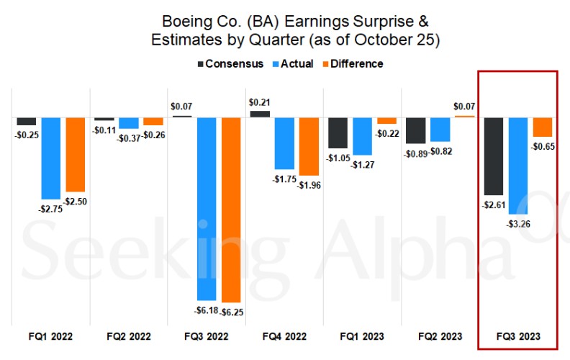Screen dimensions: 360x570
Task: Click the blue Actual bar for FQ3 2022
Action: coord(207,208)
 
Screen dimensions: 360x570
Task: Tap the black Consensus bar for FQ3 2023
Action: coord(494,156)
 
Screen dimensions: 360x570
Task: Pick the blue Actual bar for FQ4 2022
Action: coord(284,143)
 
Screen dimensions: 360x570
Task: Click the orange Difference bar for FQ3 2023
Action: coord(542,127)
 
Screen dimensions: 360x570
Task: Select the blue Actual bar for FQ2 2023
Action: coord(440,129)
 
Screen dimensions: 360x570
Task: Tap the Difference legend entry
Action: coord(350,63)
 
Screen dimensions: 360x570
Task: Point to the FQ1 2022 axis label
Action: coord(51,336)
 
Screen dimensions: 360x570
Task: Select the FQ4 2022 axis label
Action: coord(284,336)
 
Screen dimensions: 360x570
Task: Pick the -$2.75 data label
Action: coord(50,208)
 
